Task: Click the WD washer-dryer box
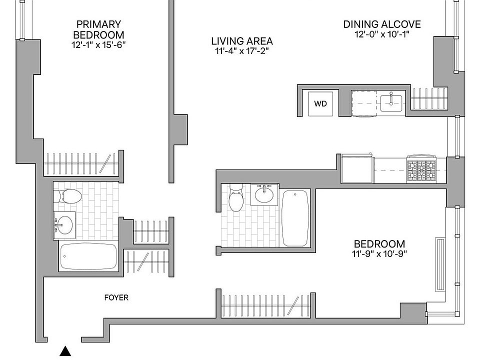320,104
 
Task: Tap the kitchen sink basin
390,103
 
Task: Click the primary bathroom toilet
68,196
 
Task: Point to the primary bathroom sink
64,225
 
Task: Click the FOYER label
116,298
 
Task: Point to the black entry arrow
65,351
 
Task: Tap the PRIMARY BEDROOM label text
98,29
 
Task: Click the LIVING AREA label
241,41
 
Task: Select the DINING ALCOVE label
382,24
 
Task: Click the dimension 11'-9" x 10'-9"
379,253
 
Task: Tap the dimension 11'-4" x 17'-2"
241,51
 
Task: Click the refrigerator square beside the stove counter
357,169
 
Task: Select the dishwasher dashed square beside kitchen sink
364,103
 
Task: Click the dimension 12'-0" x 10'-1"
382,34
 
